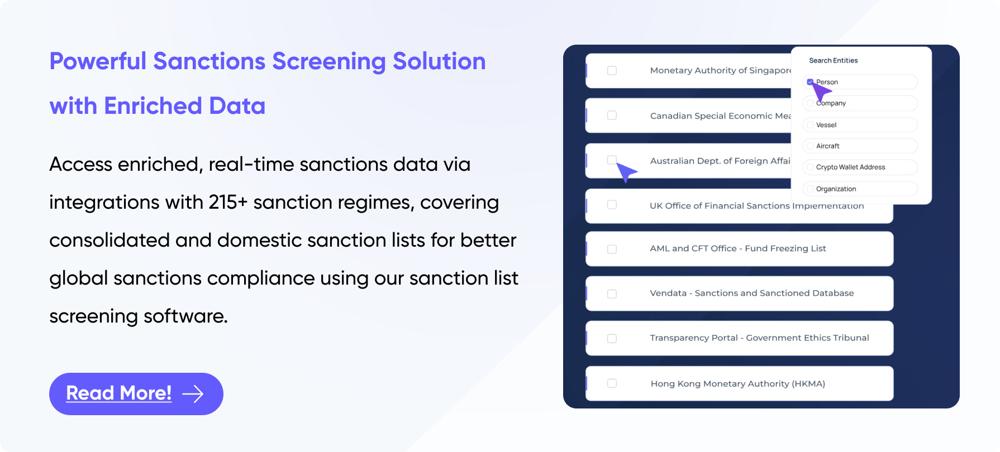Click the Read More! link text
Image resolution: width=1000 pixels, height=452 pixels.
click(x=118, y=393)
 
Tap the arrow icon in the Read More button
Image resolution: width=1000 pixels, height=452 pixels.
click(x=193, y=394)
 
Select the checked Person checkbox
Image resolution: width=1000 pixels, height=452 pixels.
click(x=810, y=82)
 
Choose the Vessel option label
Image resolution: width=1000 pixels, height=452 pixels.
click(x=826, y=125)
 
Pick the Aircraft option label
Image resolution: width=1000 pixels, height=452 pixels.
click(x=827, y=146)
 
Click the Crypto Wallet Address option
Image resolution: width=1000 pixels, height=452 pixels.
click(x=850, y=167)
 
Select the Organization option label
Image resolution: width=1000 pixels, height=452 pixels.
click(x=836, y=189)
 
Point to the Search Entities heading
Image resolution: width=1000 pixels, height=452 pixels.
click(x=833, y=60)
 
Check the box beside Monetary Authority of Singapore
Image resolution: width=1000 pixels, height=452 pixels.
click(x=612, y=70)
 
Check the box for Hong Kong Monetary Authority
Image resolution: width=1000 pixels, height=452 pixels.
click(x=612, y=383)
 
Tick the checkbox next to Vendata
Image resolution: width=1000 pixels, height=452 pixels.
click(x=612, y=294)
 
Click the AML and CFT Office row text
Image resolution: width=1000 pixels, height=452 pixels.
click(x=737, y=248)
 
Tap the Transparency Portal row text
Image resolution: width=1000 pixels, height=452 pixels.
click(x=759, y=338)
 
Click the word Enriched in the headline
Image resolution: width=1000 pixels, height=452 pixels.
click(x=153, y=106)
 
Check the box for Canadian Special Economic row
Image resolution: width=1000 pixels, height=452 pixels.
click(x=612, y=116)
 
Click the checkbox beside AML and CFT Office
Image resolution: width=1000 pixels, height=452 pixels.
click(x=612, y=249)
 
